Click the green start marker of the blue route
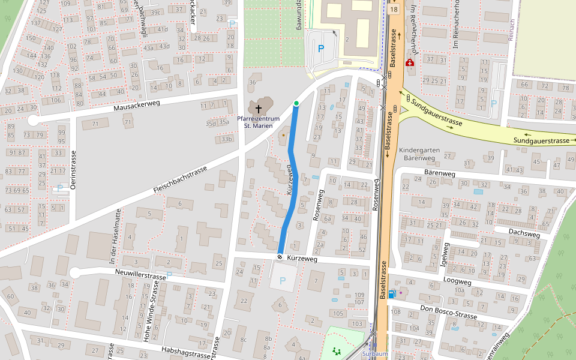tap(296, 104)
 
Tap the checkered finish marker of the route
tap(280, 257)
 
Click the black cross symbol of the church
tap(259, 109)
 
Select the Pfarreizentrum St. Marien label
tap(259, 122)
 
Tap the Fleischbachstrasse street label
tap(180, 180)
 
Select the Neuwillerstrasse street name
tap(139, 273)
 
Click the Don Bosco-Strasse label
tap(449, 312)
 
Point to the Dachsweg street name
tap(524, 233)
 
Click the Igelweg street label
tap(445, 253)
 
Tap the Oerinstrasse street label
tap(73, 170)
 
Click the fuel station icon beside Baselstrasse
tap(392, 293)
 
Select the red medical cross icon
tap(410, 63)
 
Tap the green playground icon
tap(337, 351)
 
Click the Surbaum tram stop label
tap(376, 354)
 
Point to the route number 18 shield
tap(393, 10)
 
